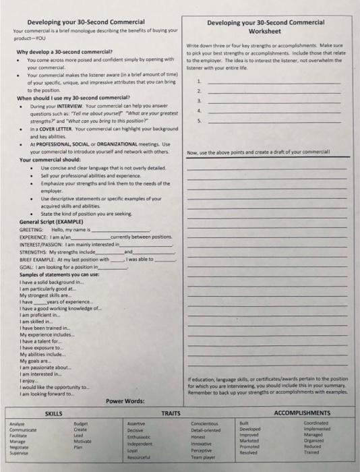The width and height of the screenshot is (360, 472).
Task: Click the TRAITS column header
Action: (x=171, y=412)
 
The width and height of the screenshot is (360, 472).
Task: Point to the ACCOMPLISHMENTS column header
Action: (x=311, y=412)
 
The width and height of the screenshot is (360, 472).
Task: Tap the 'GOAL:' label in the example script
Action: (x=26, y=266)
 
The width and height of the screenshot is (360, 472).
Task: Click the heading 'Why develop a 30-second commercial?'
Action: (x=64, y=52)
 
